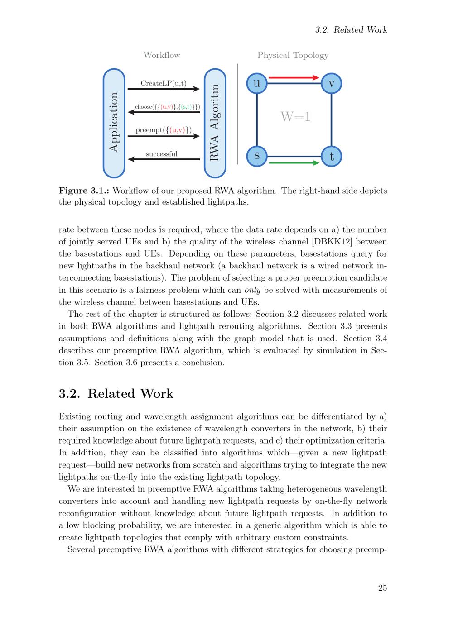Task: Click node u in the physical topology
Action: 257,83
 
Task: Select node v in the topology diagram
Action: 331,83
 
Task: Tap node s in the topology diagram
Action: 257,156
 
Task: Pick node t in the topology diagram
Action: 331,157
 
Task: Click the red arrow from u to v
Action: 294,78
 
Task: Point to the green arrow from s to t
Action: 294,163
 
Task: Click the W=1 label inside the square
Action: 295,117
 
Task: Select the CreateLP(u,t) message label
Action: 164,83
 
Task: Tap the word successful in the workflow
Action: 162,154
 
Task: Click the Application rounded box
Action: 114,123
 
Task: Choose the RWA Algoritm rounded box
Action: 215,123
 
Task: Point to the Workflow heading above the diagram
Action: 162,55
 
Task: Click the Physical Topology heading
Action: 293,55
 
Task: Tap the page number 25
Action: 382,588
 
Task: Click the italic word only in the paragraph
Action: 252,290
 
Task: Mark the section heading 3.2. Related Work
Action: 116,394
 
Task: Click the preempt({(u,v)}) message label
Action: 164,130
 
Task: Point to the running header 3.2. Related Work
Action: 351,30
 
